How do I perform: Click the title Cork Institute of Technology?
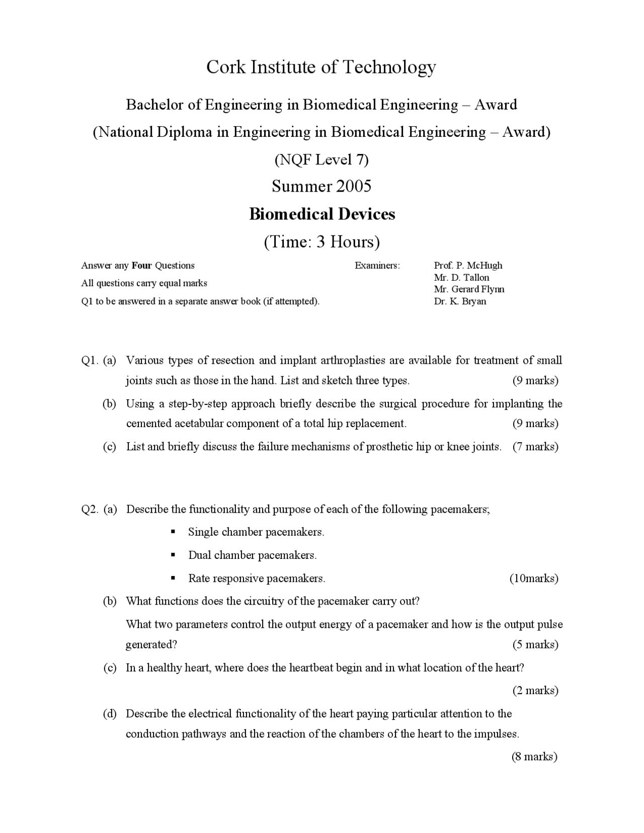[x=321, y=67]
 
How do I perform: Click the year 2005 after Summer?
[x=354, y=186]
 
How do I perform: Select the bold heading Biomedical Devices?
[x=322, y=214]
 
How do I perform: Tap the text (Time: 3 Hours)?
[x=322, y=242]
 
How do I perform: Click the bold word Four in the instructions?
[x=141, y=266]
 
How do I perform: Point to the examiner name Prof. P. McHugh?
[x=468, y=266]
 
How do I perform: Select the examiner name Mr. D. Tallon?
[x=461, y=278]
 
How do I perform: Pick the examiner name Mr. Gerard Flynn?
[x=469, y=289]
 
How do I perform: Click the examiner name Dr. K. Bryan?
[x=460, y=301]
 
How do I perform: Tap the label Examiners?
[x=377, y=266]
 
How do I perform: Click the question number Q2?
[x=89, y=510]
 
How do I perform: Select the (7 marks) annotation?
[x=535, y=447]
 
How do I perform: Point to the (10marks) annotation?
[x=534, y=578]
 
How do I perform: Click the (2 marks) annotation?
[x=535, y=691]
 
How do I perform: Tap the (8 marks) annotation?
[x=534, y=757]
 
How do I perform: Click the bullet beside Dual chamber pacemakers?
[x=173, y=555]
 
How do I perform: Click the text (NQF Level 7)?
[x=321, y=159]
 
